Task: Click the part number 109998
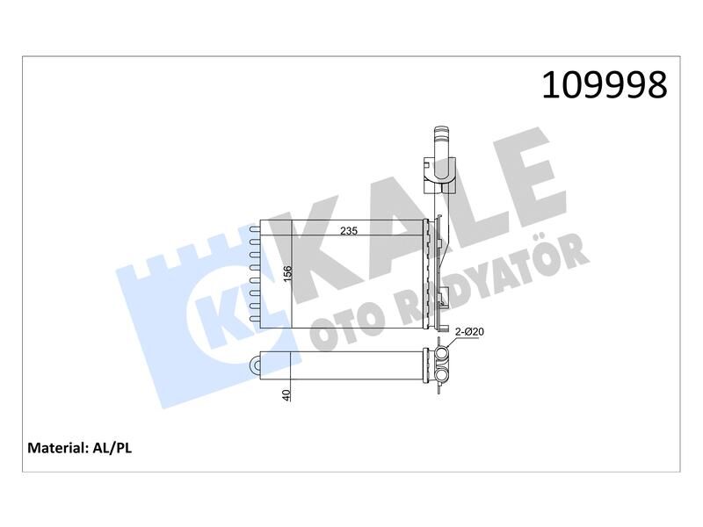[x=605, y=85]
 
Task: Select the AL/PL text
[x=111, y=447]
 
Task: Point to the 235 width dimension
[x=351, y=231]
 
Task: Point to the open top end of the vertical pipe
[x=440, y=132]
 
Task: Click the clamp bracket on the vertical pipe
[x=440, y=174]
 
